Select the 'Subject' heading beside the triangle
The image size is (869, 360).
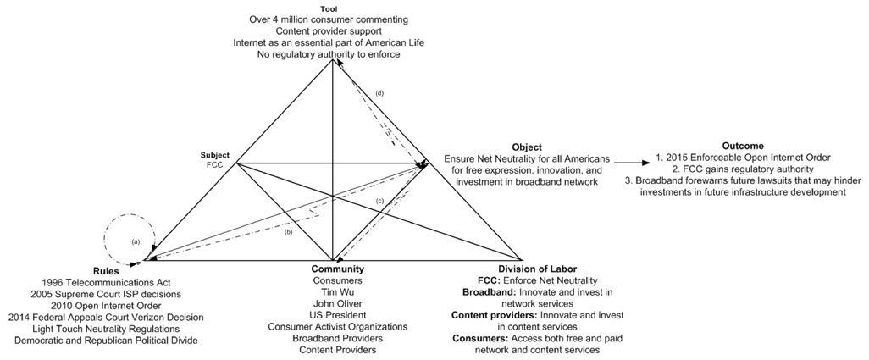coord(214,155)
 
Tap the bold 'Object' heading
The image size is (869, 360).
coord(527,147)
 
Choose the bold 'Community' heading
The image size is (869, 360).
coord(337,269)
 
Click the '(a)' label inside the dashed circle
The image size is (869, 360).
coord(135,241)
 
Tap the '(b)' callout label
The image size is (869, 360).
coord(289,231)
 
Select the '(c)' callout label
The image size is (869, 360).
coord(379,200)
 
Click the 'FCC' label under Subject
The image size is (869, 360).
coord(214,165)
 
